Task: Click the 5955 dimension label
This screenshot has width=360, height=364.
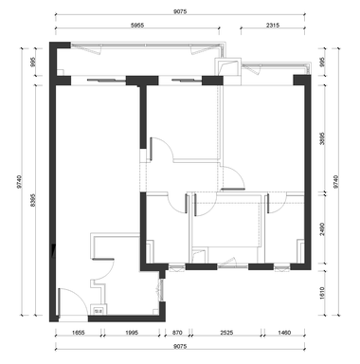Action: coord(137,25)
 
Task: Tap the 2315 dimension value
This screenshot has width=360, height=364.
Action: coord(273,25)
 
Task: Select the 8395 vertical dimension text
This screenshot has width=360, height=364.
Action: coord(33,200)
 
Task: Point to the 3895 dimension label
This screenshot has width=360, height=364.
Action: coord(322,138)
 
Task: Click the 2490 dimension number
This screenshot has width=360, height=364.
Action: coord(322,229)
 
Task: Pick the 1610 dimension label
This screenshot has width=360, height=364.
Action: coord(322,293)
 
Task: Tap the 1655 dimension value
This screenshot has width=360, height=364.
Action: coord(78,333)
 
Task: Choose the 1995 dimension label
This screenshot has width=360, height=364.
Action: coord(132,333)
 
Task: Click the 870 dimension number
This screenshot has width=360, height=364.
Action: coord(177,333)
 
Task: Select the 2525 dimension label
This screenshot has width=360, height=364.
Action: coord(226,333)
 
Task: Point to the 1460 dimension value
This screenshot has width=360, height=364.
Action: coord(284,333)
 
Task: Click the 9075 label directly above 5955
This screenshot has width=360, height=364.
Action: coord(180,11)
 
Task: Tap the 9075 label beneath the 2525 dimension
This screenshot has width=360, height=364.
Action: coord(180,346)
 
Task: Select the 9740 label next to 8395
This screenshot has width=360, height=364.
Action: coord(20,182)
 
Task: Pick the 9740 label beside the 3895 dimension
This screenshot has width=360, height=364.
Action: coord(335,182)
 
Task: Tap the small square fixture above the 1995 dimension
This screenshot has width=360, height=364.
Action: coord(99,309)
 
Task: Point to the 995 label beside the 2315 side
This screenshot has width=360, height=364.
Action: coord(322,62)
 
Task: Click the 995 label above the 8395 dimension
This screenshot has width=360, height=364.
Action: coord(33,62)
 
